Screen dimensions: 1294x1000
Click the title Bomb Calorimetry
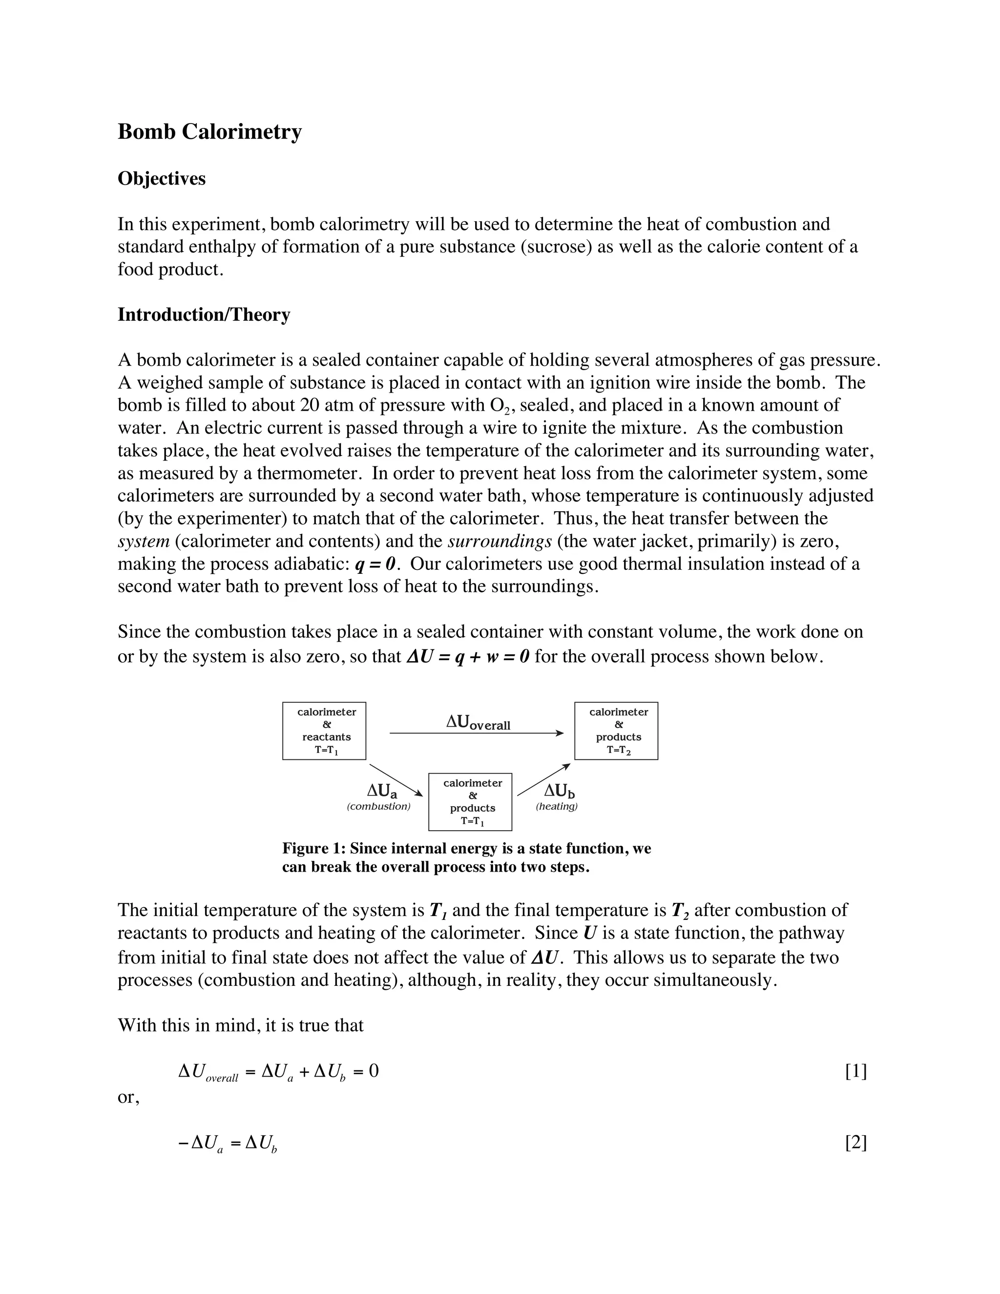[x=209, y=131]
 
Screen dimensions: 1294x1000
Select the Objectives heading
[x=162, y=179]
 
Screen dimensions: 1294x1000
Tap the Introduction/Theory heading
[x=204, y=314]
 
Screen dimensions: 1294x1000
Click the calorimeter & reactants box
[x=324, y=730]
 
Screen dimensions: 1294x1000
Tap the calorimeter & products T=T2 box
[x=616, y=730]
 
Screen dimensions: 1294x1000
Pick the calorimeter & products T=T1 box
[x=470, y=802]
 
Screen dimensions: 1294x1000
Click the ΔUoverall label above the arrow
[x=478, y=722]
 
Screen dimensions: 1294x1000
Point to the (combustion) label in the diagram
[x=378, y=806]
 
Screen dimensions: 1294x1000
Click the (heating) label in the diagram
[x=556, y=806]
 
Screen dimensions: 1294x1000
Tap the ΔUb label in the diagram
[x=559, y=791]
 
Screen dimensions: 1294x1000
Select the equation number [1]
[x=855, y=1071]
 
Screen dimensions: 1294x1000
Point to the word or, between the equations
[x=128, y=1097]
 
